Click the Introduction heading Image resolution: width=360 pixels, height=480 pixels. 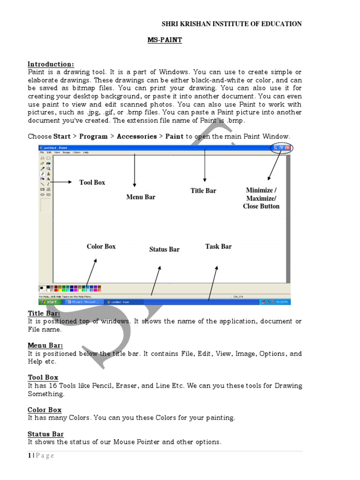click(x=51, y=64)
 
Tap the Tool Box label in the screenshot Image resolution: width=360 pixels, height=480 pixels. click(x=92, y=182)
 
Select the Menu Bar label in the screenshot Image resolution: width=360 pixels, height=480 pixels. click(x=141, y=197)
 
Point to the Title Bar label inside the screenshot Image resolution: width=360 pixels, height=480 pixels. click(x=203, y=191)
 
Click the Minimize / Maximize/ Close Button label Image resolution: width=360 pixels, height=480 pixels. click(x=261, y=198)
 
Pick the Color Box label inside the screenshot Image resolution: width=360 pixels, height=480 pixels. click(x=101, y=247)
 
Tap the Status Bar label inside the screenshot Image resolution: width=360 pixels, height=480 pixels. click(x=165, y=249)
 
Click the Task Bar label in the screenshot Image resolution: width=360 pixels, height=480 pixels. click(x=218, y=247)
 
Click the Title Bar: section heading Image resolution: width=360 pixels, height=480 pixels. click(x=44, y=314)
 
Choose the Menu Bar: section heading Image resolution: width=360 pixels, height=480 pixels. click(x=45, y=345)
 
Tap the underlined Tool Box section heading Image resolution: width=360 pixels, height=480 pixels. click(x=43, y=377)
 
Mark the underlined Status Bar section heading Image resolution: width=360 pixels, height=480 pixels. click(x=45, y=434)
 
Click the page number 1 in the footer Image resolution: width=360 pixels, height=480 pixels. click(x=29, y=456)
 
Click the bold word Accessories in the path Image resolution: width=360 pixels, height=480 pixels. click(x=136, y=136)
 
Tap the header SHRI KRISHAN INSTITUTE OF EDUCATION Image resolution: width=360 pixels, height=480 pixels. click(x=232, y=24)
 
